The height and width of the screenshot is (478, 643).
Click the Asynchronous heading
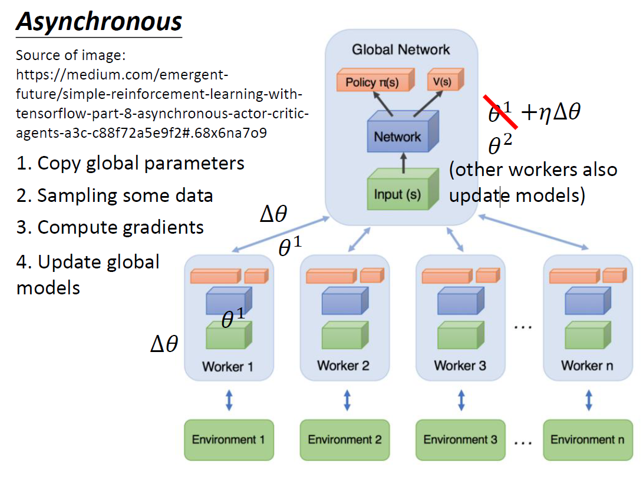tap(99, 22)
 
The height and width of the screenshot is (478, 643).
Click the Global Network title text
tap(401, 49)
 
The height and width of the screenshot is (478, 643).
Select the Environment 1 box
tap(229, 439)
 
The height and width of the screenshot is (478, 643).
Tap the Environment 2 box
tap(345, 439)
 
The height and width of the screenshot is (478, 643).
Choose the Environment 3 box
tap(460, 439)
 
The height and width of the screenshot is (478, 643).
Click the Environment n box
tap(587, 439)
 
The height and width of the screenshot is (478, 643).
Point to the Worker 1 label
tap(227, 367)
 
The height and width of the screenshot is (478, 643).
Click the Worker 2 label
tap(344, 366)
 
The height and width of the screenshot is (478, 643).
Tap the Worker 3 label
tap(460, 366)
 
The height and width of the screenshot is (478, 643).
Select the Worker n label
tap(587, 366)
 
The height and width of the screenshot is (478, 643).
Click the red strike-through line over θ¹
tap(501, 111)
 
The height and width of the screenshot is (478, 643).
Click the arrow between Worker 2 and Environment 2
tap(346, 399)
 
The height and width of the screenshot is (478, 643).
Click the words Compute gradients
tap(120, 227)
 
